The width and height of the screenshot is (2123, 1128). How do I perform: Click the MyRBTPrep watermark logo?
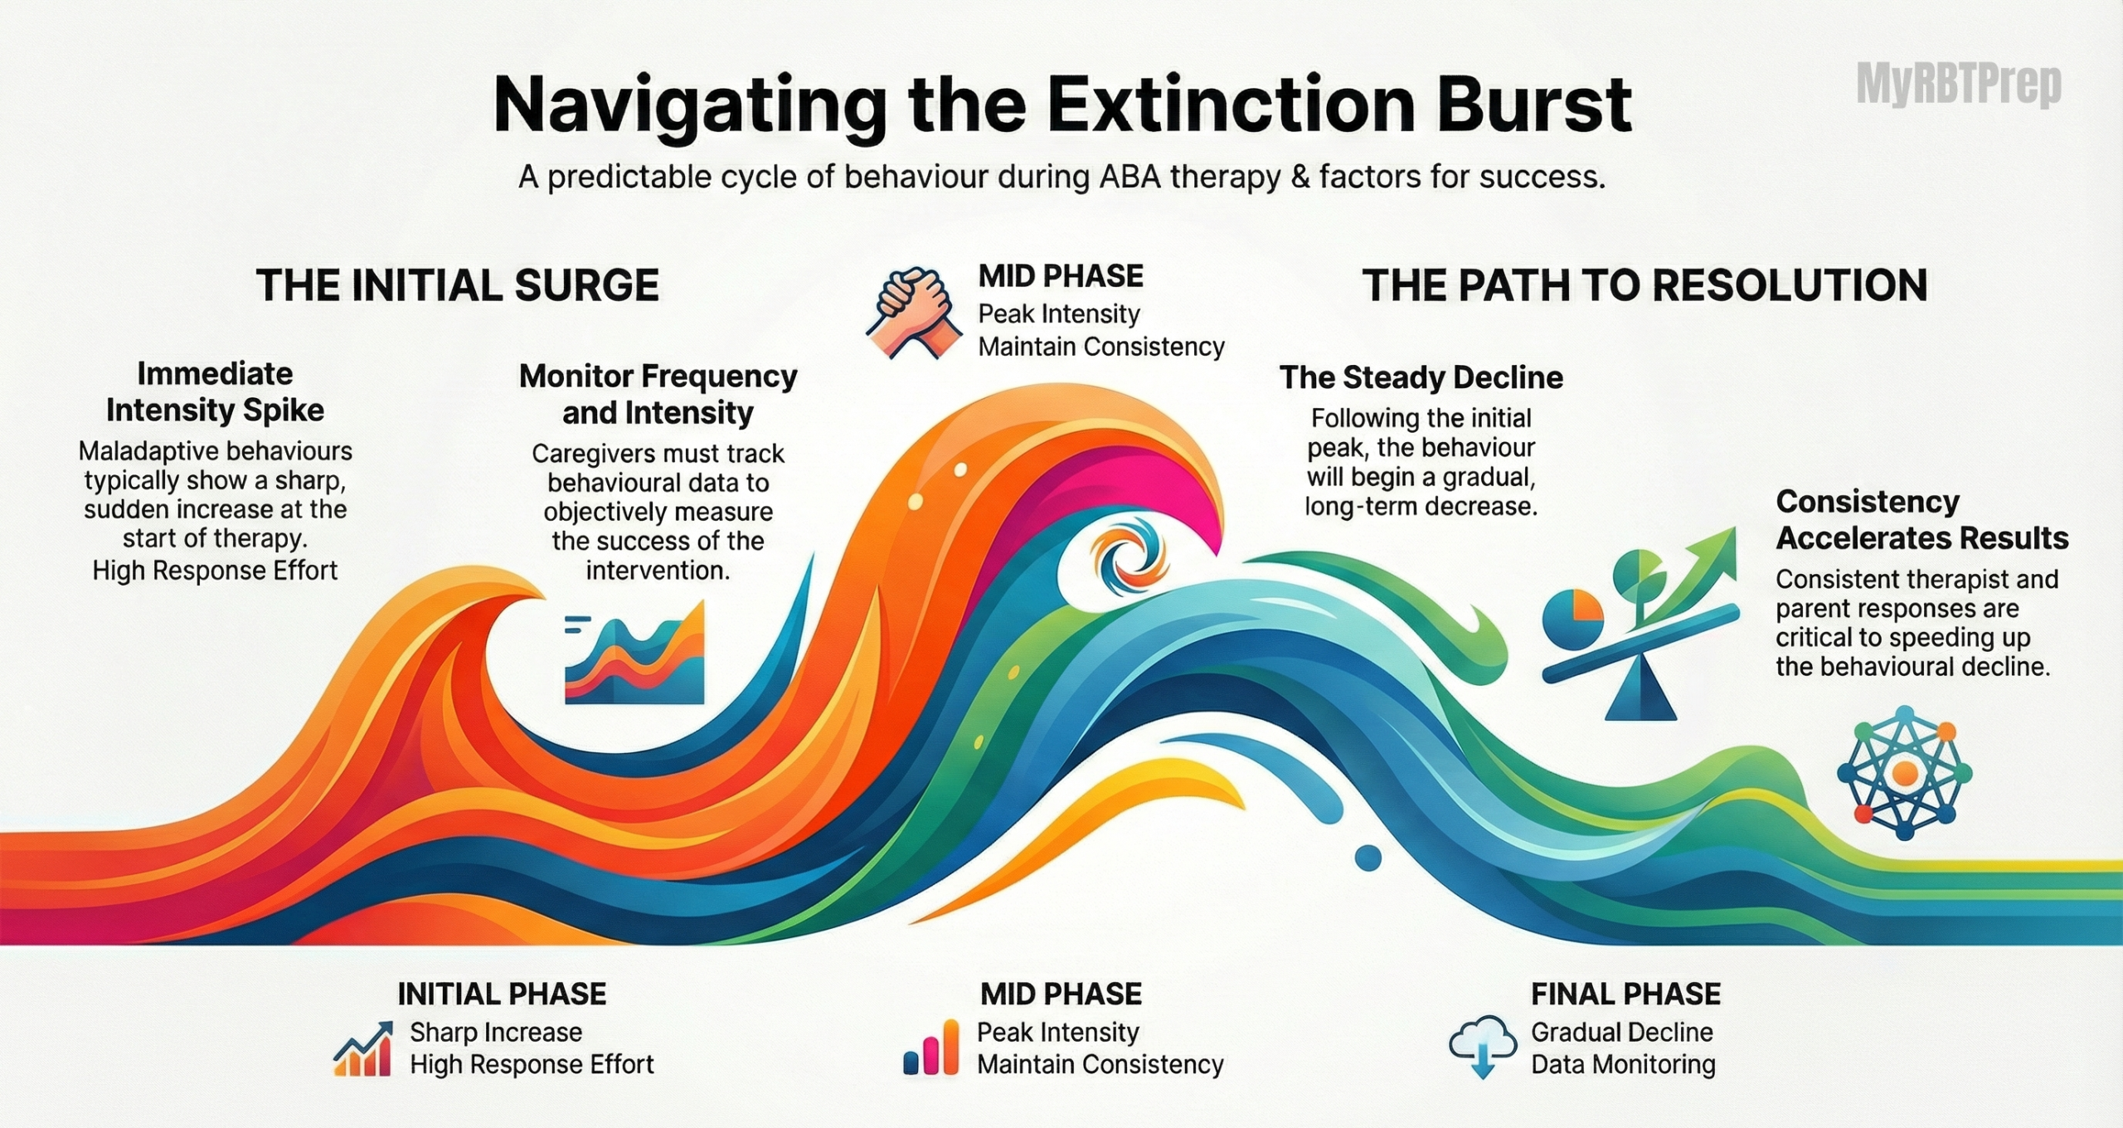(x=1959, y=85)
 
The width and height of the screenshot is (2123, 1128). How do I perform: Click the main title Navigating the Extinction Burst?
(x=1062, y=105)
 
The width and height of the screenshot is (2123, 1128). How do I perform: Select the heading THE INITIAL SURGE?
(x=457, y=285)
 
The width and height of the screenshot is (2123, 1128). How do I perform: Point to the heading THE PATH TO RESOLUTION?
(x=1644, y=285)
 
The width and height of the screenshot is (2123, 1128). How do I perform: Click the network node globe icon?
(x=1905, y=774)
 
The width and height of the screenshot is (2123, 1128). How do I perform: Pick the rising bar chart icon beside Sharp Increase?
(x=362, y=1049)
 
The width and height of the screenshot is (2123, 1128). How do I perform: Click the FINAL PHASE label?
(x=1625, y=994)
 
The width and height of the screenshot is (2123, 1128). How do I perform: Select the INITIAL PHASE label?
(x=502, y=994)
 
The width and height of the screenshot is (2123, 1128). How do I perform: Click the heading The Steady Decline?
(x=1421, y=378)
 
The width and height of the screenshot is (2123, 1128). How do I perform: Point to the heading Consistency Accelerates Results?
(x=1922, y=520)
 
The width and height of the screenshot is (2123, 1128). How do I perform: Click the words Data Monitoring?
(x=1623, y=1064)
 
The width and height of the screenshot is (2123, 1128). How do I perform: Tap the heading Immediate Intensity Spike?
(x=215, y=391)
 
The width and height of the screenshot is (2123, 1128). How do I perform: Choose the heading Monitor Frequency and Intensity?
(x=658, y=394)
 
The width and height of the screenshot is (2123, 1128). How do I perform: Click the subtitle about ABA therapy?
(x=1061, y=177)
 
